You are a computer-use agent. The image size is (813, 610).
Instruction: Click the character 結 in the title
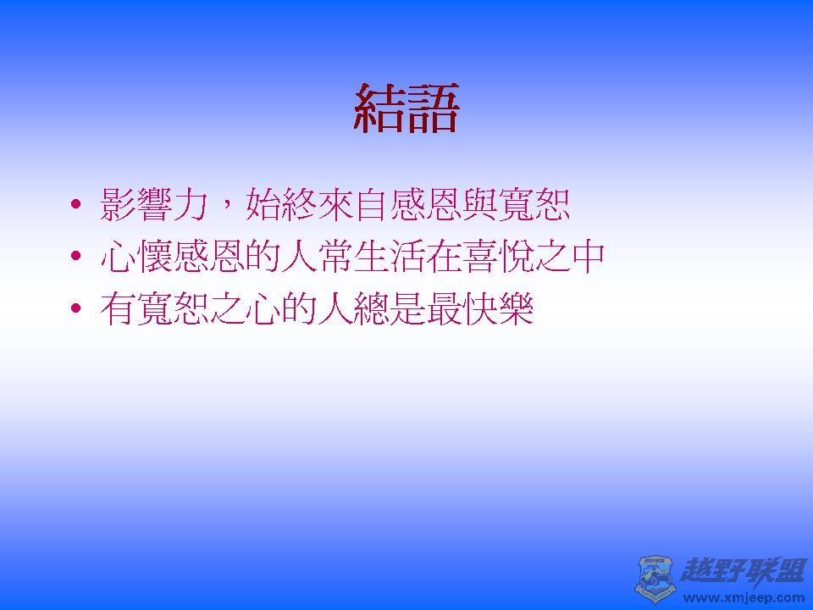tap(379, 108)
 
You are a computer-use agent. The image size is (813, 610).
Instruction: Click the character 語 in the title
tap(433, 108)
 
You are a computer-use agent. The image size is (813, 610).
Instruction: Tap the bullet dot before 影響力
tap(77, 206)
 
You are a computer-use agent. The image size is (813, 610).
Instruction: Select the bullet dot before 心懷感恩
tap(77, 258)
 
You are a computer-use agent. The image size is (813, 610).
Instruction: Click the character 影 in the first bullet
tap(118, 205)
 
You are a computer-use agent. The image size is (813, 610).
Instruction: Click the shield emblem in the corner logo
tap(655, 579)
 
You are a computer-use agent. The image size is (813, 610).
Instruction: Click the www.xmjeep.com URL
tap(744, 597)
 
